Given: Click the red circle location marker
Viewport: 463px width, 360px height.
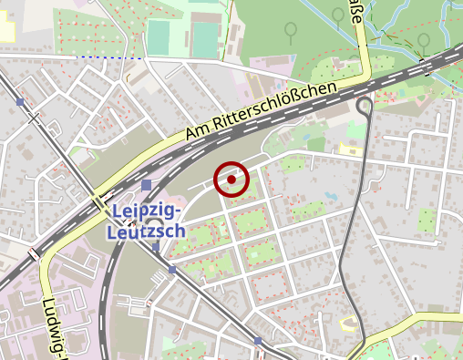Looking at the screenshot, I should [231, 179].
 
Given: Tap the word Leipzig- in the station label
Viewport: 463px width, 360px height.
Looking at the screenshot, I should [150, 212].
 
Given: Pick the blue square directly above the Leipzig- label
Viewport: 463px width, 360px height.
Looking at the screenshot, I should [147, 186].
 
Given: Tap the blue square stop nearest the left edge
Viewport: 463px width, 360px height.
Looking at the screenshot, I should [20, 102].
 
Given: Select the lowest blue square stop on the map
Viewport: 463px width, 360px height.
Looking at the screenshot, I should [258, 341].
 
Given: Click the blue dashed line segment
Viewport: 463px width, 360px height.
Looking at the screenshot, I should [109, 57].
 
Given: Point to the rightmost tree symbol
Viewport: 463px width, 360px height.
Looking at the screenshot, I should [424, 41].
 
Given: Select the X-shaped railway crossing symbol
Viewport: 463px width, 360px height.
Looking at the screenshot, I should [34, 117].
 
